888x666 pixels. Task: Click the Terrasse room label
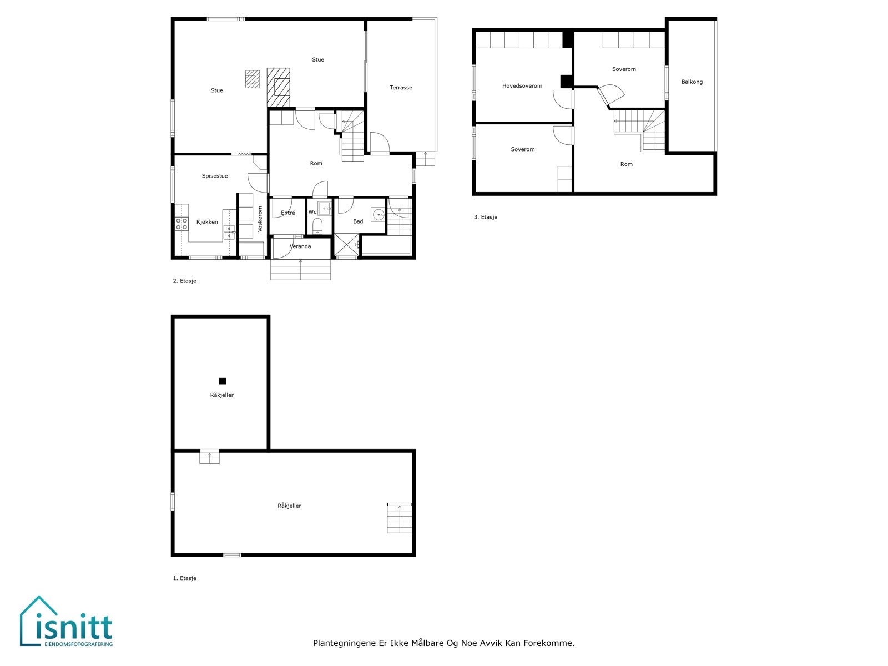[401, 88]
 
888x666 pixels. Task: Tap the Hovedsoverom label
[522, 86]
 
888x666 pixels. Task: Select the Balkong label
[692, 82]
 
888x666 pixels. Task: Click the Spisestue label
[215, 176]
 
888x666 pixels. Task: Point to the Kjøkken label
[207, 222]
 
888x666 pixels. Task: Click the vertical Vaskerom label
[260, 219]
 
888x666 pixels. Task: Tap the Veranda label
[300, 246]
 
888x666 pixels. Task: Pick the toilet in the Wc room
[317, 226]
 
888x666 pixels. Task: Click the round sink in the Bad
[379, 214]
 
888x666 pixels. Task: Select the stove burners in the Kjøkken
[181, 224]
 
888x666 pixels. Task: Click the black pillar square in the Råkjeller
[223, 381]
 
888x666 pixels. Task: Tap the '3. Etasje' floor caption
[486, 217]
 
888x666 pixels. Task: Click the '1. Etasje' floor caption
[185, 578]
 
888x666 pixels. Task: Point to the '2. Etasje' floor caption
[185, 281]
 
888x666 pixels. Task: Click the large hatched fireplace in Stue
[279, 87]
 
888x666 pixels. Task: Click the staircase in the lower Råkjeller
[400, 518]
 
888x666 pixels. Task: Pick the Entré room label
[288, 213]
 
